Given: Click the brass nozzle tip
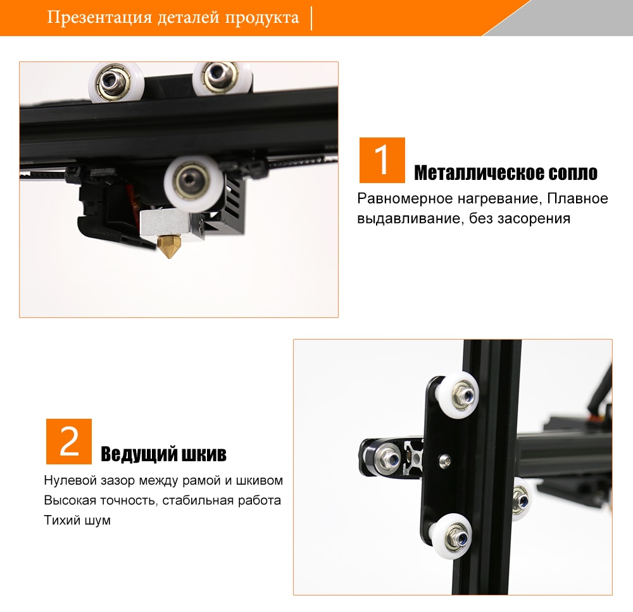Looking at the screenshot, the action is tap(170, 247).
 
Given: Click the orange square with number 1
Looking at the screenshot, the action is tap(382, 160).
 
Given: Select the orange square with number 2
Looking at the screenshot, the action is tap(68, 441).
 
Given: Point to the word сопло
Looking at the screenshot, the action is tap(573, 174).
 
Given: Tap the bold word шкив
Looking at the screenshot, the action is tap(204, 454).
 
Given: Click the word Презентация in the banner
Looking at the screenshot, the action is tap(99, 17).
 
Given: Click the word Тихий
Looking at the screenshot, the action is tap(61, 520).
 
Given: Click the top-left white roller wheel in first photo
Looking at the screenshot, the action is tap(116, 82).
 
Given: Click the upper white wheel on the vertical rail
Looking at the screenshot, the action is tap(458, 395).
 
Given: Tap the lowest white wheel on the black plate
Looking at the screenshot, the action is tap(451, 535).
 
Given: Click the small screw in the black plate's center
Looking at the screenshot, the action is tap(445, 459).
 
